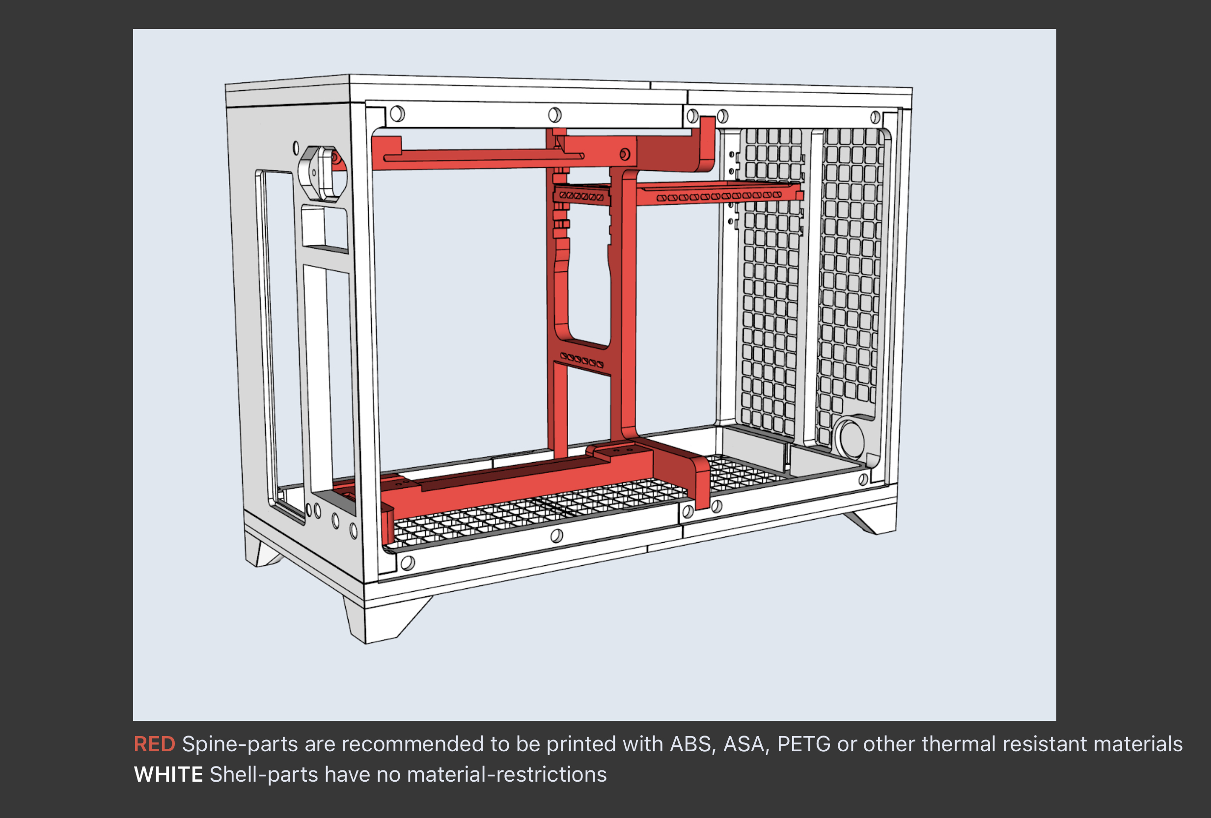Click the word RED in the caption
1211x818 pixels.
pos(154,744)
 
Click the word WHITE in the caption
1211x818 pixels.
pos(168,774)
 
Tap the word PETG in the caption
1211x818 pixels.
pos(803,744)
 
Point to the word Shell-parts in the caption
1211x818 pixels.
pos(264,774)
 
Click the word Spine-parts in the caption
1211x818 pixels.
pos(240,744)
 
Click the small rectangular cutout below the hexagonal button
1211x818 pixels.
pos(324,228)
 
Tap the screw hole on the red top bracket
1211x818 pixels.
pos(624,154)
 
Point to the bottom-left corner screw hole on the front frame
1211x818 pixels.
pos(408,562)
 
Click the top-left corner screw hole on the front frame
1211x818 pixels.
pos(397,113)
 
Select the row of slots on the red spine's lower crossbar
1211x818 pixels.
pos(581,359)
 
